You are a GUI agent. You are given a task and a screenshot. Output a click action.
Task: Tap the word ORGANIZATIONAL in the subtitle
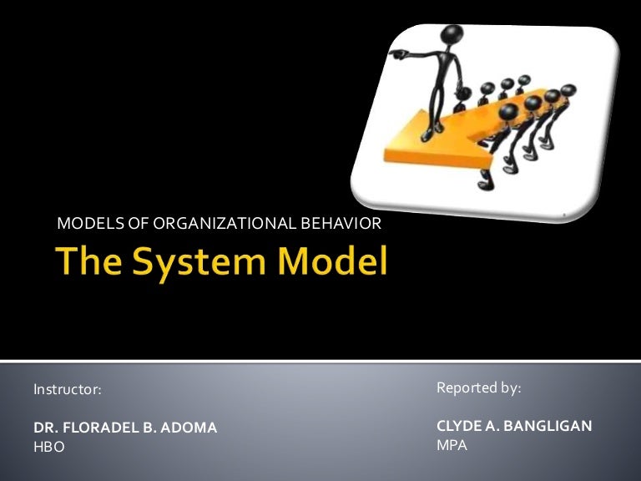(209, 223)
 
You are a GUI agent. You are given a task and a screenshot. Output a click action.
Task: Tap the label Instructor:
(67, 389)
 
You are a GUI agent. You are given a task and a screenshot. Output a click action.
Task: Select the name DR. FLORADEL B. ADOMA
(125, 428)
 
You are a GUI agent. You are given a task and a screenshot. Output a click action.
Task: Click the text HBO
(48, 447)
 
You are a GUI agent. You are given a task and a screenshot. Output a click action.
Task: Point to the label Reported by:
(478, 388)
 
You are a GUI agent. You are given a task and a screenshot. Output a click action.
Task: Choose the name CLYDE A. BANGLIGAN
(514, 426)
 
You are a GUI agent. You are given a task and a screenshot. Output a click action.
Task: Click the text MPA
(452, 445)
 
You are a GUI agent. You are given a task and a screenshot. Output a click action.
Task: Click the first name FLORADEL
(100, 428)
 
